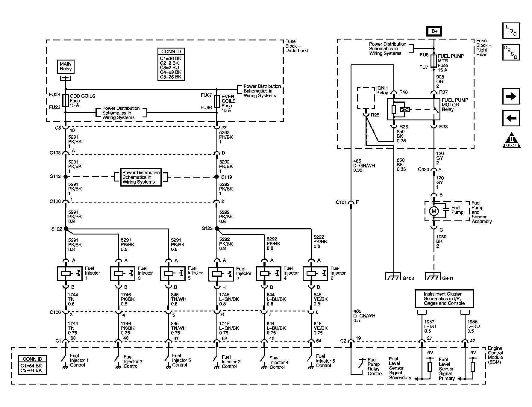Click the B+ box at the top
434,31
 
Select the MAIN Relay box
66,66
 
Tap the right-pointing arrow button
511,96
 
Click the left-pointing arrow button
511,118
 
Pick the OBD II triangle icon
511,140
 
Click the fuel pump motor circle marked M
434,211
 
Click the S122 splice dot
66,229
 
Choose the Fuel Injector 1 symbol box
70,273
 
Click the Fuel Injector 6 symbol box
315,273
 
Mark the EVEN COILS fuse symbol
217,101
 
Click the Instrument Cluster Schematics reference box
444,299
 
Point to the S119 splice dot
217,177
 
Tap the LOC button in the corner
511,30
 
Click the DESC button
511,52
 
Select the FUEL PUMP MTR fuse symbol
434,61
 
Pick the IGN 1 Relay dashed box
366,98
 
